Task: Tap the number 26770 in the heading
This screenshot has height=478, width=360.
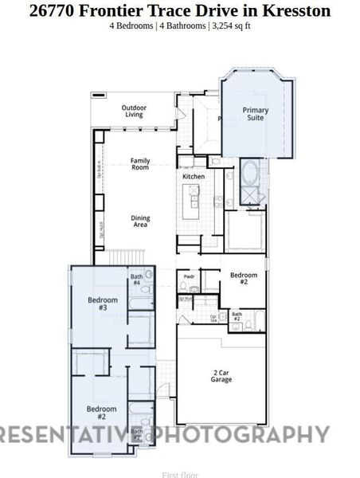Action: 54,10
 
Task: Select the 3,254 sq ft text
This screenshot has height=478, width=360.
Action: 230,25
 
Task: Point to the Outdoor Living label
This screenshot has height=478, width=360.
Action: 134,111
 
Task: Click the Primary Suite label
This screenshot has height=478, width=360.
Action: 256,114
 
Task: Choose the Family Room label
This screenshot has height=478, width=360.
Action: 140,164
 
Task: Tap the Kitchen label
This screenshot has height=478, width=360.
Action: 194,176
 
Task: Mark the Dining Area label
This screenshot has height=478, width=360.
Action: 140,221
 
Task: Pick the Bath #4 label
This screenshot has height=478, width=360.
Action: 136,280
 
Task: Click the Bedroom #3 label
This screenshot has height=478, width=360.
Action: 103,304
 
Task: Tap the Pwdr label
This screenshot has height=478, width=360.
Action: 189,277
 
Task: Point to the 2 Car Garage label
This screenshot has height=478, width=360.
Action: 221,376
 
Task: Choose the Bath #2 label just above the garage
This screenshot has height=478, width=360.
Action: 237,316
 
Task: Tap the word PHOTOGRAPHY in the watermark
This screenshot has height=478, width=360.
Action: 241,434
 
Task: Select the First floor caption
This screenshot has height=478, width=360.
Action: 179,474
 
